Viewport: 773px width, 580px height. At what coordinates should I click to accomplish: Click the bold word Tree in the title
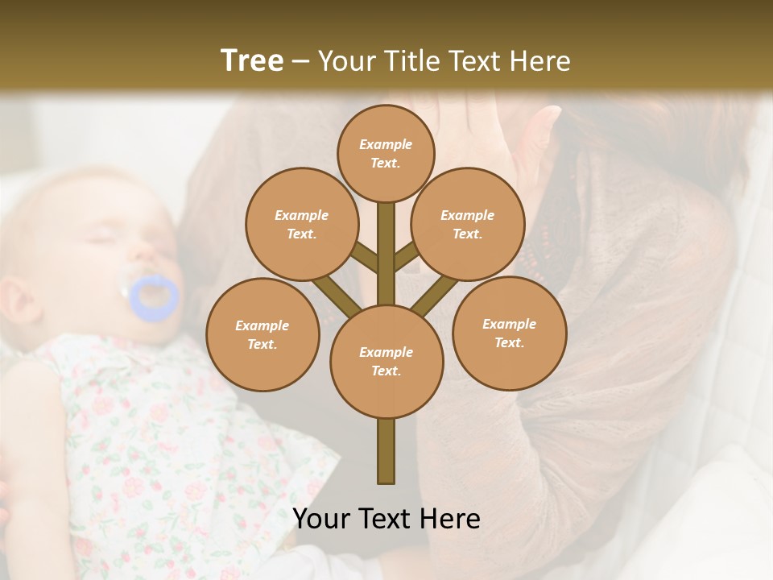coord(252,60)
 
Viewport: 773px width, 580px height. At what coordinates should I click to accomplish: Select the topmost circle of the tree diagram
coord(386,153)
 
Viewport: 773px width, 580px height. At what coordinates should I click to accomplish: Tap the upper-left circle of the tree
coord(301,224)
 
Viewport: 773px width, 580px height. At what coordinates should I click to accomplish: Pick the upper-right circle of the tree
coord(467,224)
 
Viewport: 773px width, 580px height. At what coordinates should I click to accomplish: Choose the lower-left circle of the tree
coord(262,334)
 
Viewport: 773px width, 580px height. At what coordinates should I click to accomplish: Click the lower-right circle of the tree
coord(509,333)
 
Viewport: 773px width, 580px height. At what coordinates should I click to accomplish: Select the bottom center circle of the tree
coord(386,361)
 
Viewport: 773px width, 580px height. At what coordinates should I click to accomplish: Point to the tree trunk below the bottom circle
coord(386,451)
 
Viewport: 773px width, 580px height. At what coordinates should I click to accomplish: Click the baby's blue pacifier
coord(155,296)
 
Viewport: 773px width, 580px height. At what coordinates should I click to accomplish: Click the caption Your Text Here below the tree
coord(386,519)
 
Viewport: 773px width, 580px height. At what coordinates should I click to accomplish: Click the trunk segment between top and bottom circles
coord(386,254)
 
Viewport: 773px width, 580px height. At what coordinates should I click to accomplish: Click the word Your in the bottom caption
coord(321,519)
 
